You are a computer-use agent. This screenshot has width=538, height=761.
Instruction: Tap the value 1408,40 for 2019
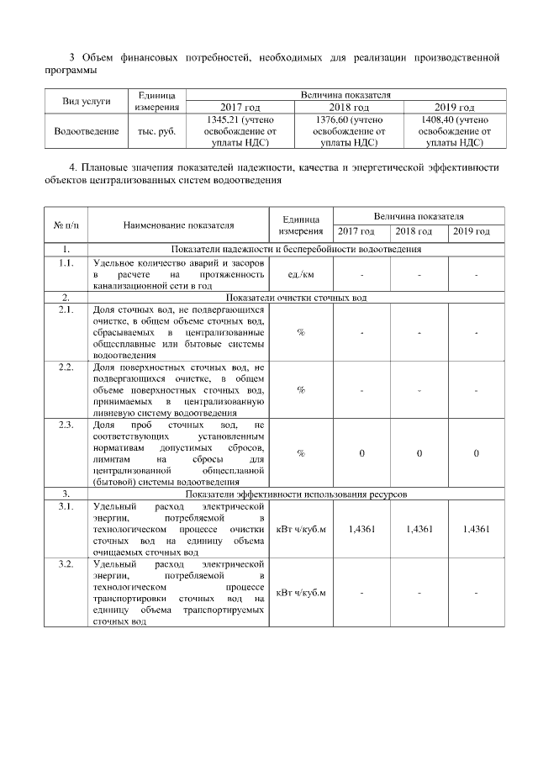click(x=453, y=119)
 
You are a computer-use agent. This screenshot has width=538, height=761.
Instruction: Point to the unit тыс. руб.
click(x=156, y=131)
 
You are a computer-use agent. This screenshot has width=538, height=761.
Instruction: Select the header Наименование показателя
click(x=178, y=225)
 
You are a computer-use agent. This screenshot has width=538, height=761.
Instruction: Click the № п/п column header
click(x=66, y=225)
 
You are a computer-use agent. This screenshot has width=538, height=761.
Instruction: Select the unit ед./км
click(x=300, y=274)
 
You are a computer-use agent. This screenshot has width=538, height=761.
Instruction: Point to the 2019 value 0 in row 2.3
click(x=476, y=453)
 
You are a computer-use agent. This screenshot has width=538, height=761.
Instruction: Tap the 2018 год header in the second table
click(x=418, y=232)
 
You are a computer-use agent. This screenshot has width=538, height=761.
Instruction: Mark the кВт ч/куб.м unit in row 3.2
click(x=300, y=592)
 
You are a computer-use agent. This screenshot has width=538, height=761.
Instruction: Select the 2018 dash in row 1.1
click(x=418, y=274)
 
